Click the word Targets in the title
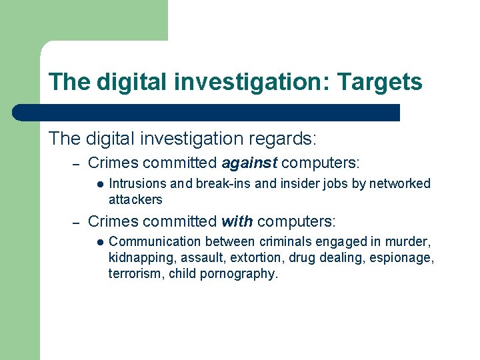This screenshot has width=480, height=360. coord(380,83)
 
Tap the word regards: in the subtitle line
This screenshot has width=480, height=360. coord(283,139)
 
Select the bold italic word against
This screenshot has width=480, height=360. coord(251,163)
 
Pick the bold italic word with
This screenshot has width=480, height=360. coord(237,221)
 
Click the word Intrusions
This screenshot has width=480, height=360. coord(137,183)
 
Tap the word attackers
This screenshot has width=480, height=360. coord(135,199)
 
